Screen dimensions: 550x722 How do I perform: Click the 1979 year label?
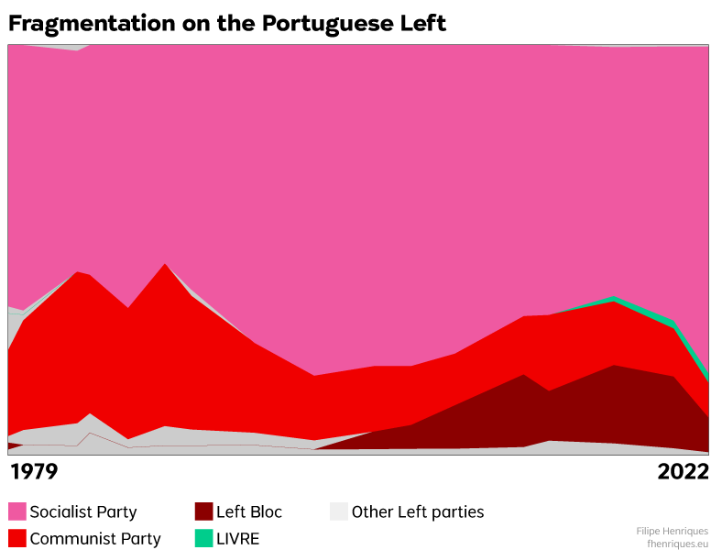(x=33, y=472)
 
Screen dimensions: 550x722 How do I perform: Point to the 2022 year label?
(x=683, y=472)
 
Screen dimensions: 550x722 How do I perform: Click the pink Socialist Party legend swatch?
(x=17, y=511)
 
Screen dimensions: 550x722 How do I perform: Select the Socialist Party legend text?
(x=83, y=511)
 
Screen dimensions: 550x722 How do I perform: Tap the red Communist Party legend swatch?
(x=17, y=538)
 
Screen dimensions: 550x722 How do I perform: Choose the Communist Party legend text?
(x=95, y=538)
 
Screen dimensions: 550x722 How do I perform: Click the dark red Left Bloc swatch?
(x=203, y=511)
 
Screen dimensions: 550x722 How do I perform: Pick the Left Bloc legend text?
(x=249, y=511)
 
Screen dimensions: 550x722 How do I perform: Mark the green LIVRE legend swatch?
(x=203, y=538)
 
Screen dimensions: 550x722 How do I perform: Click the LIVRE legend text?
(x=238, y=538)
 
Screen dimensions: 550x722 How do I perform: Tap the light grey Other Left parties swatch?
(x=339, y=511)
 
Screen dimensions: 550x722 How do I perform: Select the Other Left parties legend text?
(x=418, y=511)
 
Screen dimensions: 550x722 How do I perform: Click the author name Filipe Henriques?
(x=672, y=531)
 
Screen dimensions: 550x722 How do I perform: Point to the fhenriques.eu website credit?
(x=678, y=543)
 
